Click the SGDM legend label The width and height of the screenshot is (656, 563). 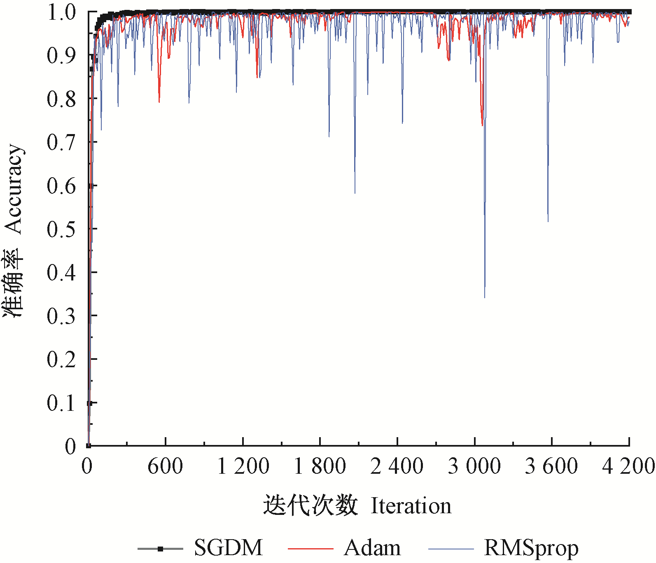[x=228, y=548]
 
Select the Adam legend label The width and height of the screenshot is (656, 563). [x=372, y=548]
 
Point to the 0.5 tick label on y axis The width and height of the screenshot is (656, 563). [x=61, y=229]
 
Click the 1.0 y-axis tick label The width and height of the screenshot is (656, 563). [x=61, y=12]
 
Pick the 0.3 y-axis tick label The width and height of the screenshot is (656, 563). [x=61, y=316]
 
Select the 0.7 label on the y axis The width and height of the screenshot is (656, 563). [x=61, y=142]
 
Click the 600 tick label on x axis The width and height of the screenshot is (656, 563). [x=165, y=466]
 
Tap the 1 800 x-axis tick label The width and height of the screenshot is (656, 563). [x=320, y=466]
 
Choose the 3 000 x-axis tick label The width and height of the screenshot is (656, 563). [x=474, y=466]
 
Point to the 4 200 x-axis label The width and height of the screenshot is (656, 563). [x=628, y=466]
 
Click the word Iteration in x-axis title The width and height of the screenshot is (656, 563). [x=411, y=506]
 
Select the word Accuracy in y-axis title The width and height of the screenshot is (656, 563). [x=13, y=189]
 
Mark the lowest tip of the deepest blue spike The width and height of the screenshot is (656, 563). [x=485, y=297]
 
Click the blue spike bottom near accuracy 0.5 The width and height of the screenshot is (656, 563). [x=548, y=222]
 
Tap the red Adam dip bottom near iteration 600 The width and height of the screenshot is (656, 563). [x=159, y=102]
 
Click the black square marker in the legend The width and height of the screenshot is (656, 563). [x=160, y=549]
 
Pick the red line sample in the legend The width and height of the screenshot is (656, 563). [x=310, y=549]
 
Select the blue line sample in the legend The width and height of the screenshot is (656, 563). [x=451, y=549]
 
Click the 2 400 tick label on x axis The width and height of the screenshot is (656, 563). [x=397, y=466]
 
